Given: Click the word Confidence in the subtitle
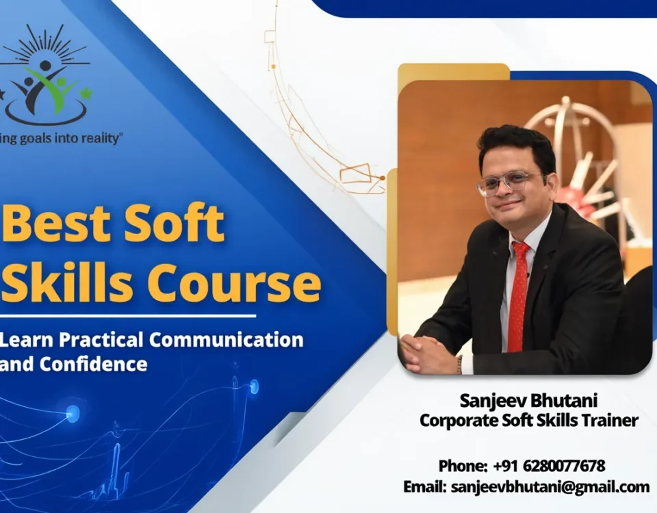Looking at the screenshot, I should (x=93, y=364).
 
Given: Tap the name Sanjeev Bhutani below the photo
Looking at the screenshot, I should (x=528, y=400).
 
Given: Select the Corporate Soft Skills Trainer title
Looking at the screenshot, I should (x=528, y=421).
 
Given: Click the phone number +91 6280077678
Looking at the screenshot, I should (x=549, y=466).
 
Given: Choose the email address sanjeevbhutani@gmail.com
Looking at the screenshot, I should (x=549, y=487).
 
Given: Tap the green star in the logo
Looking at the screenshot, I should (x=86, y=92).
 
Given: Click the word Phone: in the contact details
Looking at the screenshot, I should (x=463, y=466).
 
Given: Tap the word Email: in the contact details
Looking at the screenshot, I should (x=424, y=487).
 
